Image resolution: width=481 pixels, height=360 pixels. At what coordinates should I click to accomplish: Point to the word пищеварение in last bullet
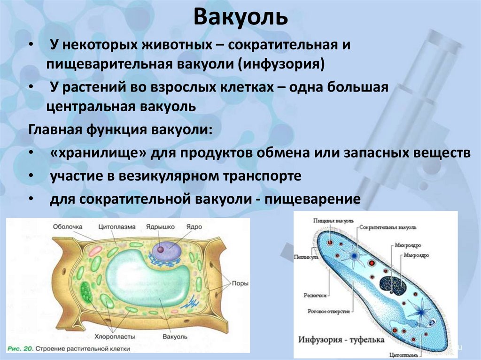point(312,199)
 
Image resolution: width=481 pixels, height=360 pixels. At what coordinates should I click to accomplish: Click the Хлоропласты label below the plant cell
point(116,337)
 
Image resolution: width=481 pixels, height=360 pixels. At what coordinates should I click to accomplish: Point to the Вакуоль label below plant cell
point(174,337)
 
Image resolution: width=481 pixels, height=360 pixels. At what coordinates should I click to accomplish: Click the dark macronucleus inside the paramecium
point(393,283)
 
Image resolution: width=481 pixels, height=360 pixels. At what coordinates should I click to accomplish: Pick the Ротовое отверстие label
point(324,311)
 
